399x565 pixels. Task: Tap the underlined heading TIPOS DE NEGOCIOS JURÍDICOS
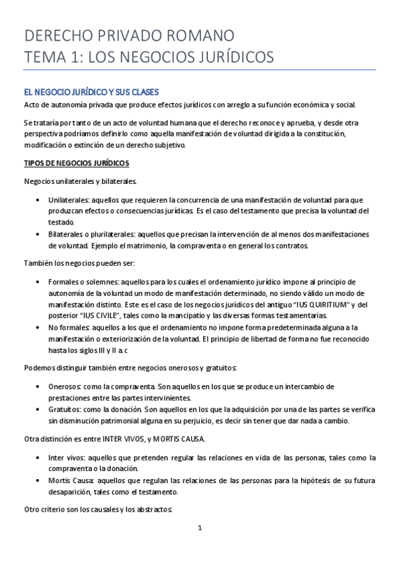[77, 163]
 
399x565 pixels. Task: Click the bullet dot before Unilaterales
[36, 200]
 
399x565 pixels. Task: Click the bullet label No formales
[69, 327]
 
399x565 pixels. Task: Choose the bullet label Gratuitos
[65, 410]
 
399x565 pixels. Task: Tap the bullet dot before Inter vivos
[36, 458]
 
